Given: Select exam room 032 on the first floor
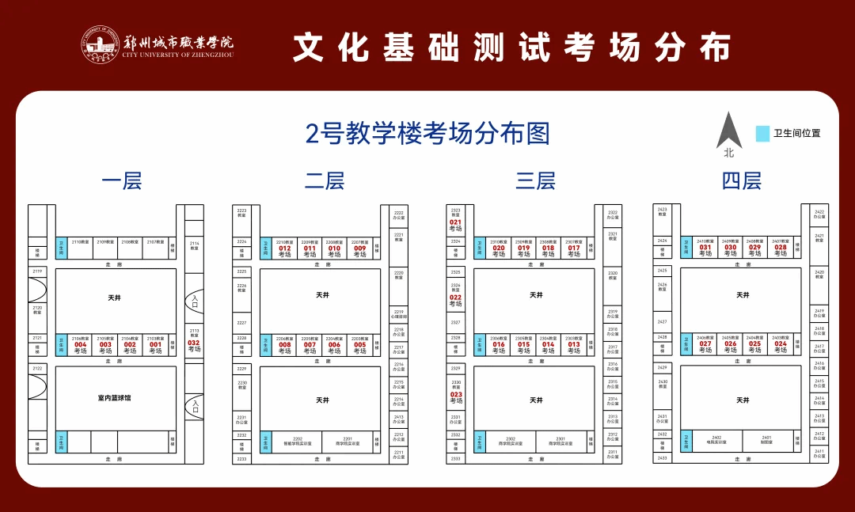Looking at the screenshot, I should pyautogui.click(x=194, y=343).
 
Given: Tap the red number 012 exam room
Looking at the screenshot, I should pyautogui.click(x=285, y=248).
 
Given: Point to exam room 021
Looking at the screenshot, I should pyautogui.click(x=455, y=222).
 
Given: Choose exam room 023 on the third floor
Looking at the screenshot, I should pyautogui.click(x=456, y=394).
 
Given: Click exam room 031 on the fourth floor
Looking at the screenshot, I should pyautogui.click(x=705, y=247).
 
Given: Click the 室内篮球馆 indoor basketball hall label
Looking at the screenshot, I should pyautogui.click(x=115, y=398).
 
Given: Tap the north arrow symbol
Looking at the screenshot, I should pyautogui.click(x=728, y=131).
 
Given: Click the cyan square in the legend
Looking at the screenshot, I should pyautogui.click(x=762, y=133).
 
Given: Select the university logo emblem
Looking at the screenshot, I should pyautogui.click(x=100, y=46).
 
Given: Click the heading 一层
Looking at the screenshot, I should pyautogui.click(x=121, y=181).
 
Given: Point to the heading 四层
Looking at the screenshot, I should pyautogui.click(x=741, y=181).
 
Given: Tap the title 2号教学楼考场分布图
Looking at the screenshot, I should pyautogui.click(x=427, y=134).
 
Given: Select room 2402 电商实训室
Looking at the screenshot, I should pyautogui.click(x=716, y=440).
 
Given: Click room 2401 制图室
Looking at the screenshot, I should pyautogui.click(x=766, y=440).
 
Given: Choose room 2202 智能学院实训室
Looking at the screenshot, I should pyautogui.click(x=298, y=441).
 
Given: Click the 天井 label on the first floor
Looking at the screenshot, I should pyautogui.click(x=115, y=298).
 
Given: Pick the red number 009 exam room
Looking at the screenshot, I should pyautogui.click(x=360, y=248).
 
